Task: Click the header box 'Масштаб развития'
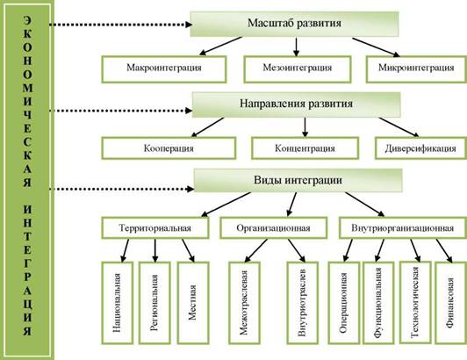(x=294, y=24)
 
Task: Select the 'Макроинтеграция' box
(x=164, y=69)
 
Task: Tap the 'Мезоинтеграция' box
(x=298, y=69)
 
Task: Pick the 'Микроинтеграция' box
(x=416, y=69)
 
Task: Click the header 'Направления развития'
(x=297, y=104)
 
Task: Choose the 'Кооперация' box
(x=169, y=148)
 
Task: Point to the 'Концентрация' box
(x=305, y=148)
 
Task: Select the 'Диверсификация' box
(x=420, y=148)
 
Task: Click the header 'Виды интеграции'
(x=298, y=181)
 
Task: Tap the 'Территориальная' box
(x=155, y=228)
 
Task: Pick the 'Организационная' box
(x=273, y=228)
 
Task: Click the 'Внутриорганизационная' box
(x=403, y=228)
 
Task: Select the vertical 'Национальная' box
(x=118, y=303)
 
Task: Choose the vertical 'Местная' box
(x=193, y=303)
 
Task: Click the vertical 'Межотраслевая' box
(x=244, y=303)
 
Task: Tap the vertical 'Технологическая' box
(x=415, y=302)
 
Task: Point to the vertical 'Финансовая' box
(x=451, y=303)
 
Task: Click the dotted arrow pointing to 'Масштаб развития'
(x=121, y=25)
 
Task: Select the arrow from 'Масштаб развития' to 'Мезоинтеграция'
(x=296, y=47)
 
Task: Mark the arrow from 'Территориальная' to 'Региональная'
(x=154, y=250)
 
